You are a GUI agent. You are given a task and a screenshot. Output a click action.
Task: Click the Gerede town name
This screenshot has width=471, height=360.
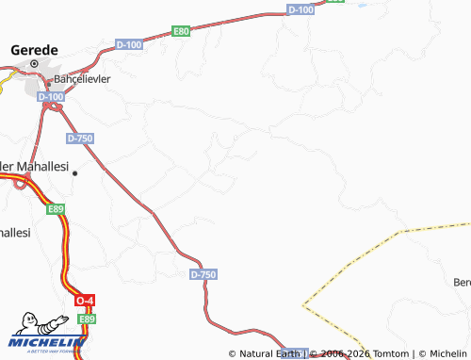point(34,49)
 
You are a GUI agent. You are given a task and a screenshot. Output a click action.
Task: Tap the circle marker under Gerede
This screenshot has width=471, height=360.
point(35,64)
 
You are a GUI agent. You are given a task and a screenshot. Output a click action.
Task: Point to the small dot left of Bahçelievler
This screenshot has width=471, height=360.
point(48,82)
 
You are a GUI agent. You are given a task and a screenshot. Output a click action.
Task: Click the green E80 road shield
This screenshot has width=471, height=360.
point(182,31)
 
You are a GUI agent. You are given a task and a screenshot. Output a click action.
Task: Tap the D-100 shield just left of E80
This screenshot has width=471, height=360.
point(129,44)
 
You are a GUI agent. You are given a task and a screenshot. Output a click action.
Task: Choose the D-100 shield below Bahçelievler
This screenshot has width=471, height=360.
point(51,96)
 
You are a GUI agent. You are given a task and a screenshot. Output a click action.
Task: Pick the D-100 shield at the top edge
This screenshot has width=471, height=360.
point(300,9)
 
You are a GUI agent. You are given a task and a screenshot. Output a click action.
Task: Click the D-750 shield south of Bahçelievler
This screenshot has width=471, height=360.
point(80,138)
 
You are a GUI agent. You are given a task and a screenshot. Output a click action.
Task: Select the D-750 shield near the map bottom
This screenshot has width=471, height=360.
point(203,274)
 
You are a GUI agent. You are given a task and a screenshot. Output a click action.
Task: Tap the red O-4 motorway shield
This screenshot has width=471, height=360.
point(86,301)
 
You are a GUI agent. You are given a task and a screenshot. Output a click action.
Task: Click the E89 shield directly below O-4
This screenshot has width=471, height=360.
point(88,319)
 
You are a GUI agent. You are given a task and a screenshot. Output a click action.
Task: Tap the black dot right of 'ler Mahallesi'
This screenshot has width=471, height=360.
point(74,173)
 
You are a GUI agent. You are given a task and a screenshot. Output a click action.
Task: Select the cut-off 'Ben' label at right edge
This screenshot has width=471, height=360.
point(462,282)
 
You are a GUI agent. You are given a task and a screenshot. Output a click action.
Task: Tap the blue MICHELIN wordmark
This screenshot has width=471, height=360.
point(42,344)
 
